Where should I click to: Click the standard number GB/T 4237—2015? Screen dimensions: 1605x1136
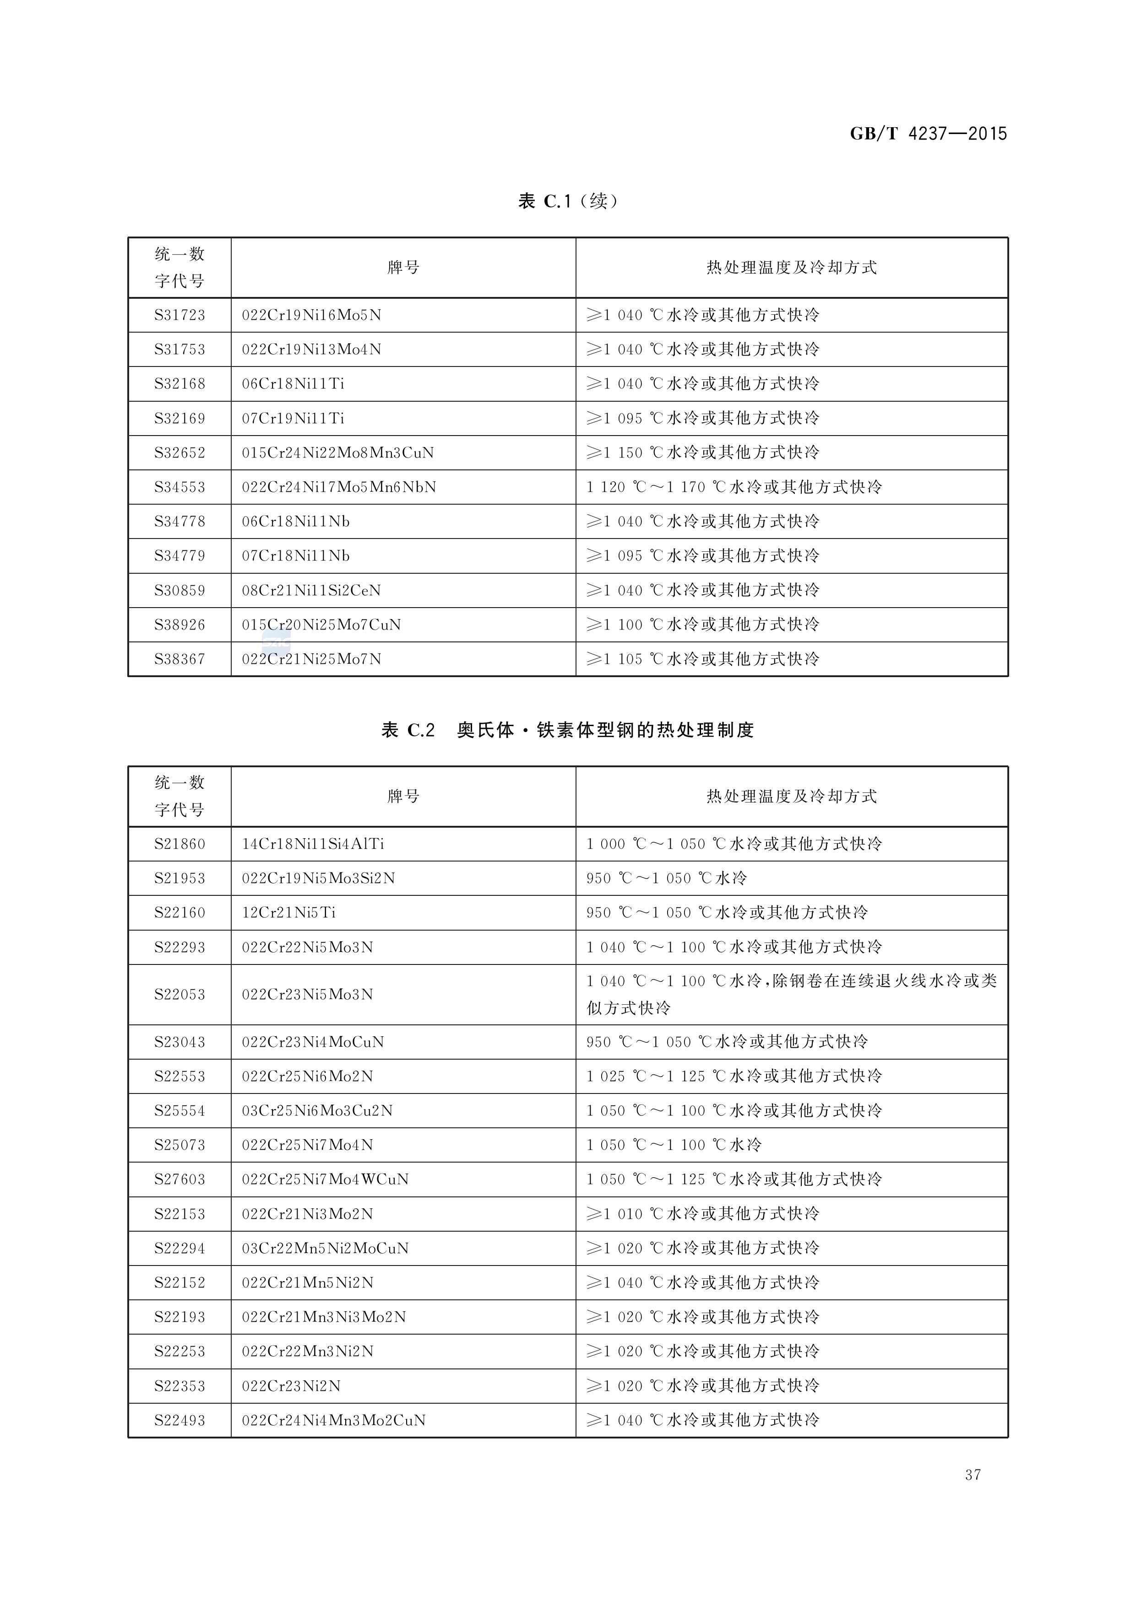(928, 134)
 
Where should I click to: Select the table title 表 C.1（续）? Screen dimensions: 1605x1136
(567, 201)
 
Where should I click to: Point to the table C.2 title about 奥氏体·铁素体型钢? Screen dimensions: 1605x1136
(567, 731)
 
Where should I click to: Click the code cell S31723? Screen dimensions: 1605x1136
(180, 315)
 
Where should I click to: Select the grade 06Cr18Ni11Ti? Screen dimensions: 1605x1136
(293, 384)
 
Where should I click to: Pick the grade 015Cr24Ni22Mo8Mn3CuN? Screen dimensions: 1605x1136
(338, 453)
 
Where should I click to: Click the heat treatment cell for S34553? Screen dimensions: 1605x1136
(734, 487)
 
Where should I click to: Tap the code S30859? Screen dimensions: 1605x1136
(180, 591)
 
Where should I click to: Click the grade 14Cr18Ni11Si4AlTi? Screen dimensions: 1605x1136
(313, 844)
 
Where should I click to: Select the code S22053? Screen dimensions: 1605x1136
(180, 994)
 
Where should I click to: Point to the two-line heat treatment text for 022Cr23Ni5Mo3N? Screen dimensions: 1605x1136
(791, 994)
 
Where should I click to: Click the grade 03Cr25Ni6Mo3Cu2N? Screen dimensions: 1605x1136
(317, 1110)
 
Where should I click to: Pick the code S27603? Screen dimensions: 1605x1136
(180, 1180)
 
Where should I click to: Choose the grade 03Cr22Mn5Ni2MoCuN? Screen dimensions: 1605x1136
(325, 1248)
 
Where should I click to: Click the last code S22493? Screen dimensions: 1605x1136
(180, 1420)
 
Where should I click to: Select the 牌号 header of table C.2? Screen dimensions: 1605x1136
(403, 796)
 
